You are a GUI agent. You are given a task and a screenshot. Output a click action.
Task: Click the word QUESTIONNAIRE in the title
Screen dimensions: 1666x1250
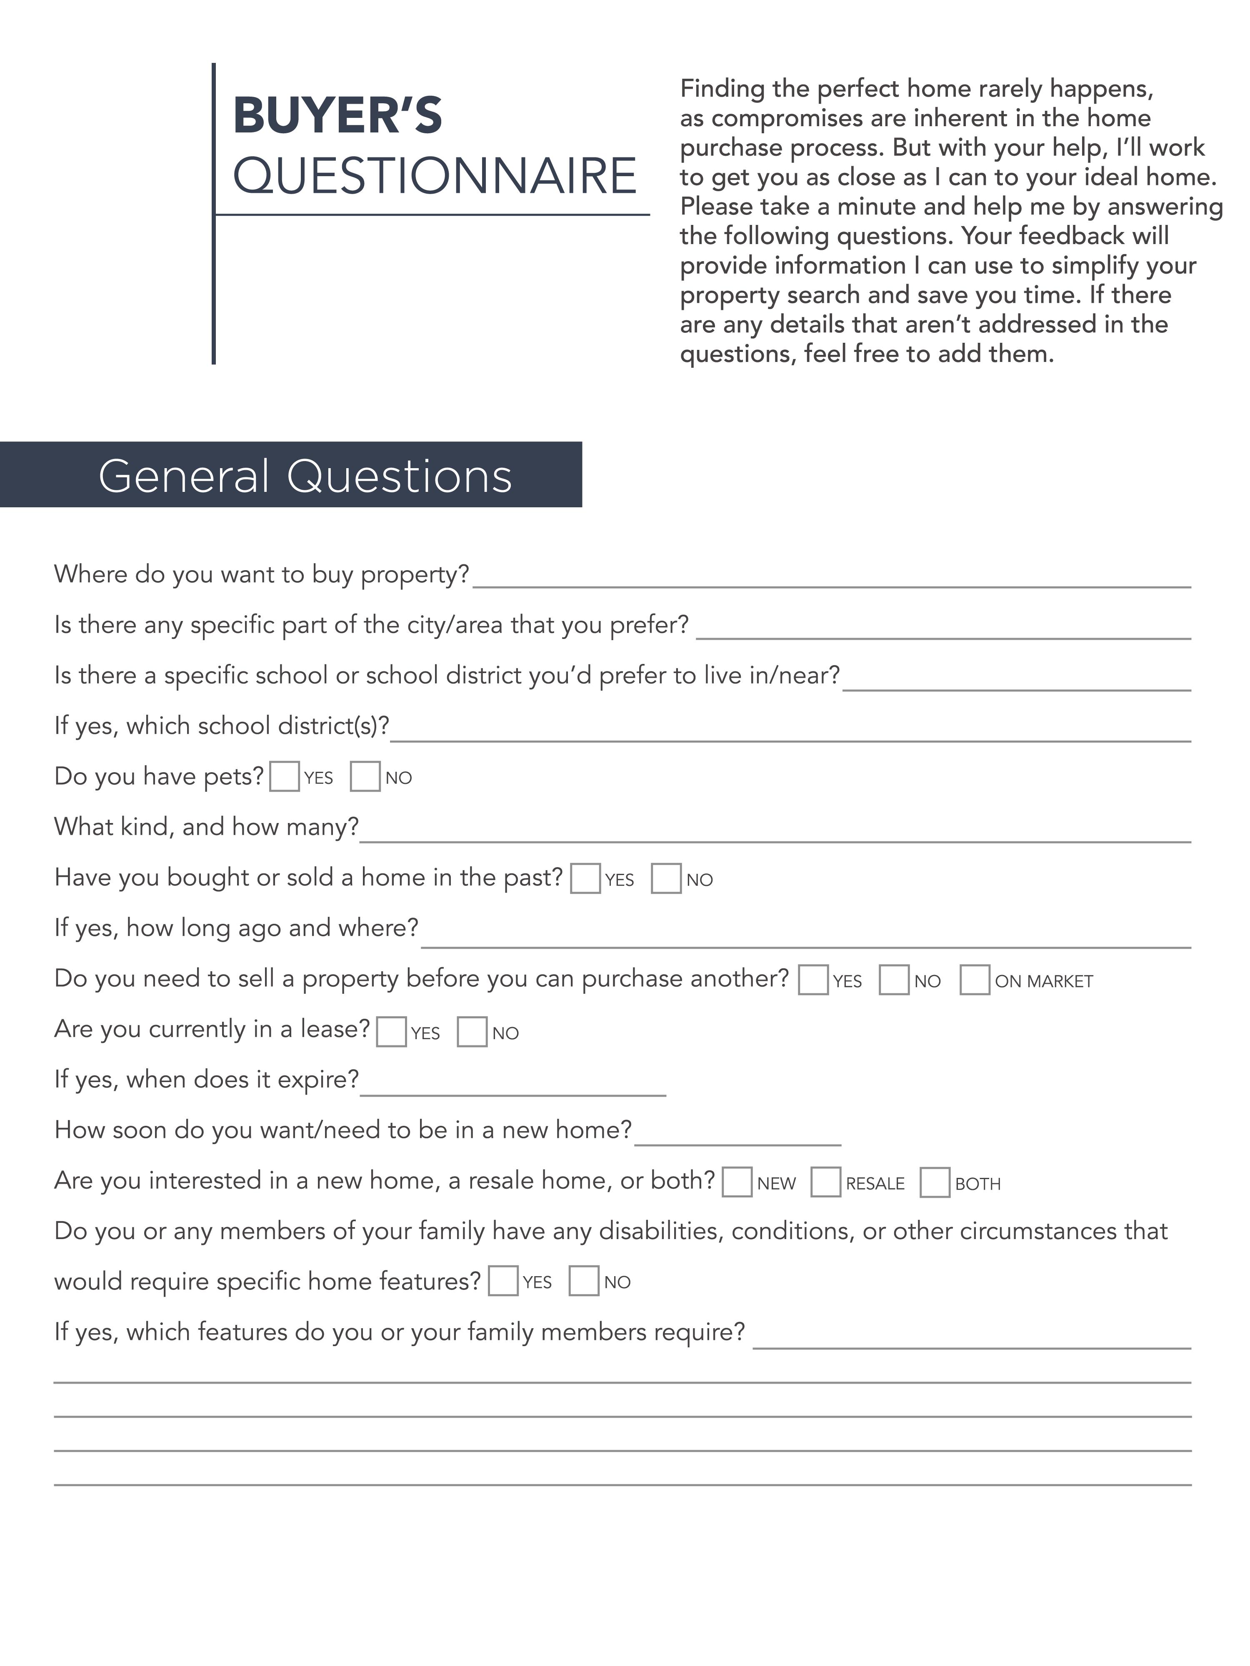435,175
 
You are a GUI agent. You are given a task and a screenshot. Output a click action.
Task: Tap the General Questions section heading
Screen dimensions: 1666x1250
305,476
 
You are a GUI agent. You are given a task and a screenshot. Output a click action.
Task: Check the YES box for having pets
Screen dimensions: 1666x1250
284,776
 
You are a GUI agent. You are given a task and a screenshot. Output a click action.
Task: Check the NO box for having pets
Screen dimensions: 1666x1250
365,776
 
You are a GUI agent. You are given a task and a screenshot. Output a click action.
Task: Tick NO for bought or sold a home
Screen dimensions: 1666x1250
666,878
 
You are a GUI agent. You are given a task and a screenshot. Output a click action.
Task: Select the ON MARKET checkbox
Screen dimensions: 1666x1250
974,980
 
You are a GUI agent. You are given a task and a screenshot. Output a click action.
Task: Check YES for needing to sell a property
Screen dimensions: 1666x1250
813,980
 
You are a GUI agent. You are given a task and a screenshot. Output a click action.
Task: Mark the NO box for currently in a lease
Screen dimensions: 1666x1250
472,1032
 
